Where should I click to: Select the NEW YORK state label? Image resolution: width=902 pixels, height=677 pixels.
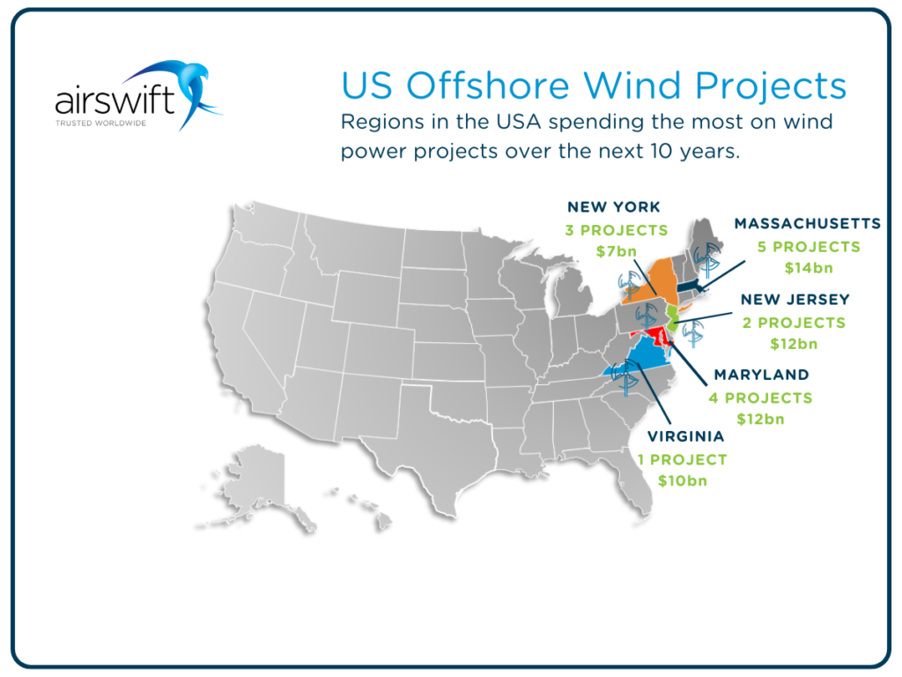coord(614,207)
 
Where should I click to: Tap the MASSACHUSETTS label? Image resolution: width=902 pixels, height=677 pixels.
coord(808,223)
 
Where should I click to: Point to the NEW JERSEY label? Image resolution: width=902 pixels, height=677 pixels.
coord(794,300)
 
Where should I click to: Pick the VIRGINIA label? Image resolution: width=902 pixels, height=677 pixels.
coord(686,435)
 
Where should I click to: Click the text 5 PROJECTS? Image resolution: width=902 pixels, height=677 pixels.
coord(809,247)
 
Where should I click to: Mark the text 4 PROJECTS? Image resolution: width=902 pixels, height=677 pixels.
coord(760,398)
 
